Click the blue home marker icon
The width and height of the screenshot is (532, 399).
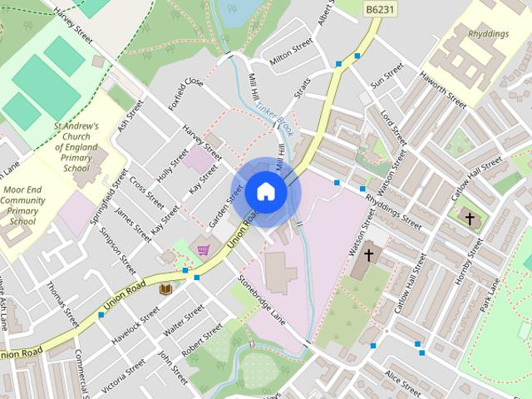266,191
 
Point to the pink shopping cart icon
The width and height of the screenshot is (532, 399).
203,249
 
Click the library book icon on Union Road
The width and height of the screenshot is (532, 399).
165,288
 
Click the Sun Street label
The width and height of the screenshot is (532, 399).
387,81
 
